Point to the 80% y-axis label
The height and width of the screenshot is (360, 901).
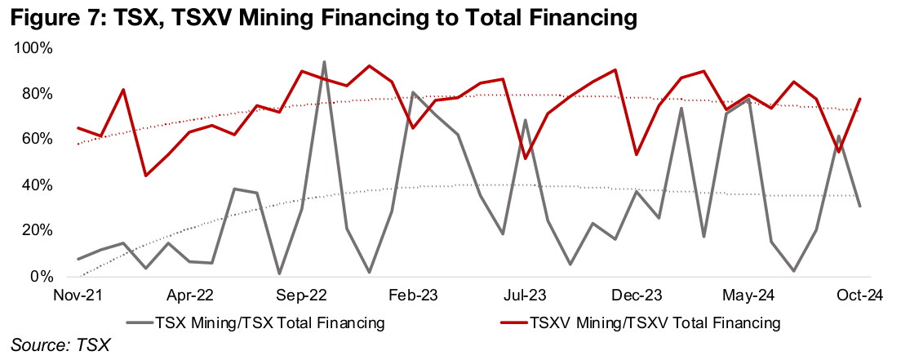point(36,95)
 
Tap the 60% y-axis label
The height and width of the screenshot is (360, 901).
point(36,140)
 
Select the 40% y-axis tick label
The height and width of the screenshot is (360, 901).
point(36,185)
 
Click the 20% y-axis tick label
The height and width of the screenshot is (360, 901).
point(36,231)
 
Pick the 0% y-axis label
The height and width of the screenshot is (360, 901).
point(42,277)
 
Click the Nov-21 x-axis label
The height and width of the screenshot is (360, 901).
point(78,295)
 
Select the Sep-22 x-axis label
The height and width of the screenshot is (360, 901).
point(302,295)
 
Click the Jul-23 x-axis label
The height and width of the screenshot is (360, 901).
point(526,295)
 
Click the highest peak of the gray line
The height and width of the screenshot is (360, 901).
point(324,62)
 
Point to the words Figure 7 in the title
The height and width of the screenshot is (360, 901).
point(49,16)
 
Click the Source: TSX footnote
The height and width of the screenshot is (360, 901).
point(60,346)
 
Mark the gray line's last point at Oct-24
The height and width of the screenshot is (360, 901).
point(859,206)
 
